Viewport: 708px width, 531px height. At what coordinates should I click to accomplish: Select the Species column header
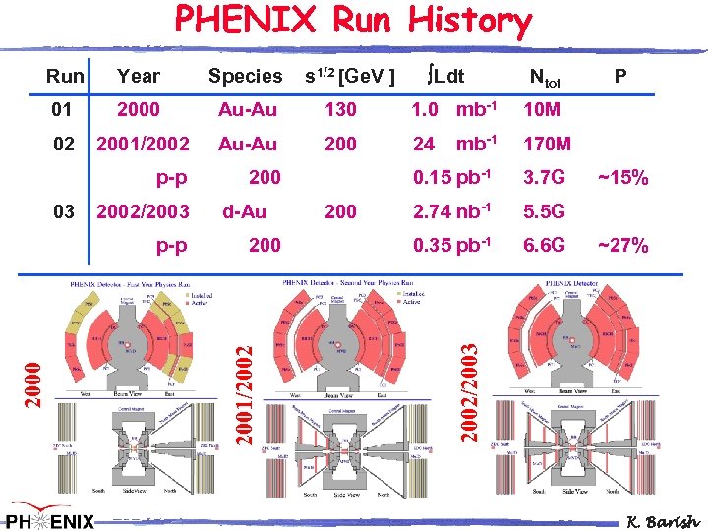coord(245,76)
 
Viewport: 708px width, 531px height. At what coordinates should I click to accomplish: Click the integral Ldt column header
coord(445,76)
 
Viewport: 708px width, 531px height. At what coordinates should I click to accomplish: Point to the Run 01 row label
coord(63,109)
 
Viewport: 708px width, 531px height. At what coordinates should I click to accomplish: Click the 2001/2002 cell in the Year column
coord(143,145)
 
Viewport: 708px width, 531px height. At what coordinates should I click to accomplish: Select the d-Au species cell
coord(244,211)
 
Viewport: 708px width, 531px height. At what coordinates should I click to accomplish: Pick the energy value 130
coord(340,109)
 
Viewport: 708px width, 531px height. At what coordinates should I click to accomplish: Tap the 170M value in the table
coord(548,145)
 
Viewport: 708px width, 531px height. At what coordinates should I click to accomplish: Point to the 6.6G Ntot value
coord(545,245)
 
